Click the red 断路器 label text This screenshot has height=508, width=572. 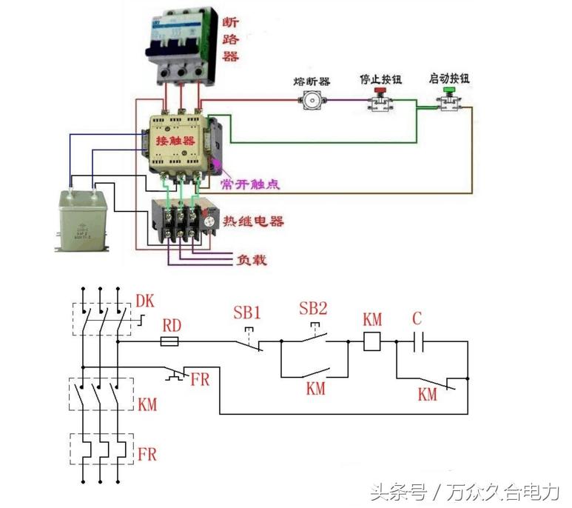pos(230,39)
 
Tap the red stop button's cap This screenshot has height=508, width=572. pos(380,93)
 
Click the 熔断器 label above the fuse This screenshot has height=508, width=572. pos(311,81)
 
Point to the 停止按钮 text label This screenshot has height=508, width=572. pos(380,78)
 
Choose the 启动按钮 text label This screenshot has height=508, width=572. pos(448,78)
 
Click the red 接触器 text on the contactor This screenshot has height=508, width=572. pos(175,140)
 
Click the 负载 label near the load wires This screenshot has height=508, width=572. pos(252,260)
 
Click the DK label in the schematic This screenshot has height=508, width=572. pos(145,301)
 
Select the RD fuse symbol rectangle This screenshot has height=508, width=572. pos(169,342)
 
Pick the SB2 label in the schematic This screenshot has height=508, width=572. pos(314,309)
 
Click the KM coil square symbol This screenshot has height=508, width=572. pos(373,341)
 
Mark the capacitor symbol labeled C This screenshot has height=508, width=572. pos(417,342)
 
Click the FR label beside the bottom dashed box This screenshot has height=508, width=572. pos(147,453)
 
